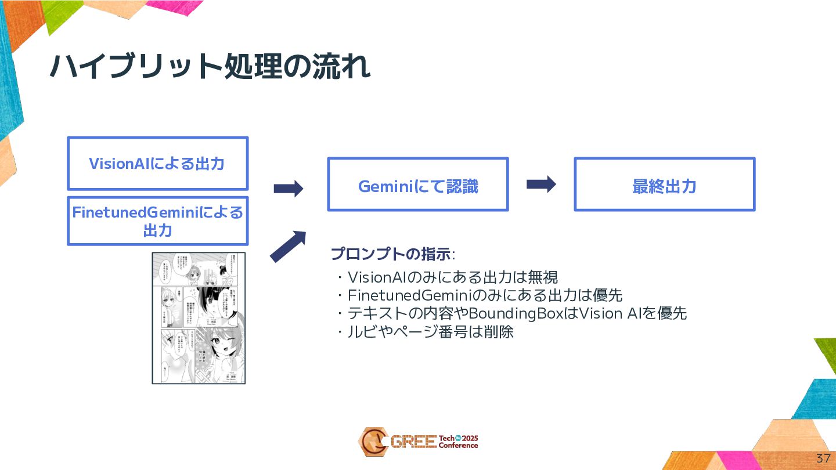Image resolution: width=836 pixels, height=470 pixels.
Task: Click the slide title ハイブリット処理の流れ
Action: coord(210,67)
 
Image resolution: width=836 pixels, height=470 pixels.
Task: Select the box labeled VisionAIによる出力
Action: coord(157,164)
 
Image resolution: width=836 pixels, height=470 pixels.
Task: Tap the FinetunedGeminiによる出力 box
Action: coord(157,221)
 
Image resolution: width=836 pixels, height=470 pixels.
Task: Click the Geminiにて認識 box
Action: coord(418,186)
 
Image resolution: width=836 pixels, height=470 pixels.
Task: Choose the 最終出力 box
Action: coord(664,186)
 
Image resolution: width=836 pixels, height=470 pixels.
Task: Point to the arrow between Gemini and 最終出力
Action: coord(541,185)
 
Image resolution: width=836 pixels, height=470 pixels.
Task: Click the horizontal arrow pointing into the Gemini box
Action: coord(289,188)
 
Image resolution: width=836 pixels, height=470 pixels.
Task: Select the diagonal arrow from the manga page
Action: coord(288,246)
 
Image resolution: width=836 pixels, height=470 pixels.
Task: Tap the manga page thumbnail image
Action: coord(199,317)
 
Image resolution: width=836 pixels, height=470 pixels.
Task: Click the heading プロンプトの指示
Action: coord(392,254)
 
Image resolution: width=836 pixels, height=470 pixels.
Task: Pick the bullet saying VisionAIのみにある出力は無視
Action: coord(447,276)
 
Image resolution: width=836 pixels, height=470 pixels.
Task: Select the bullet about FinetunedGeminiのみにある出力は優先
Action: coord(480,295)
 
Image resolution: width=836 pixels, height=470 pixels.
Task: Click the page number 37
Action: coord(823,458)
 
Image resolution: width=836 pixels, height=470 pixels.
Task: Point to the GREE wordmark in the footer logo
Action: coord(413,442)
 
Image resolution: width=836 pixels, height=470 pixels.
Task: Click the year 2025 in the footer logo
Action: coord(469,438)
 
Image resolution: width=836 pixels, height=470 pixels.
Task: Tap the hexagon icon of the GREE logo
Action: coord(373,442)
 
